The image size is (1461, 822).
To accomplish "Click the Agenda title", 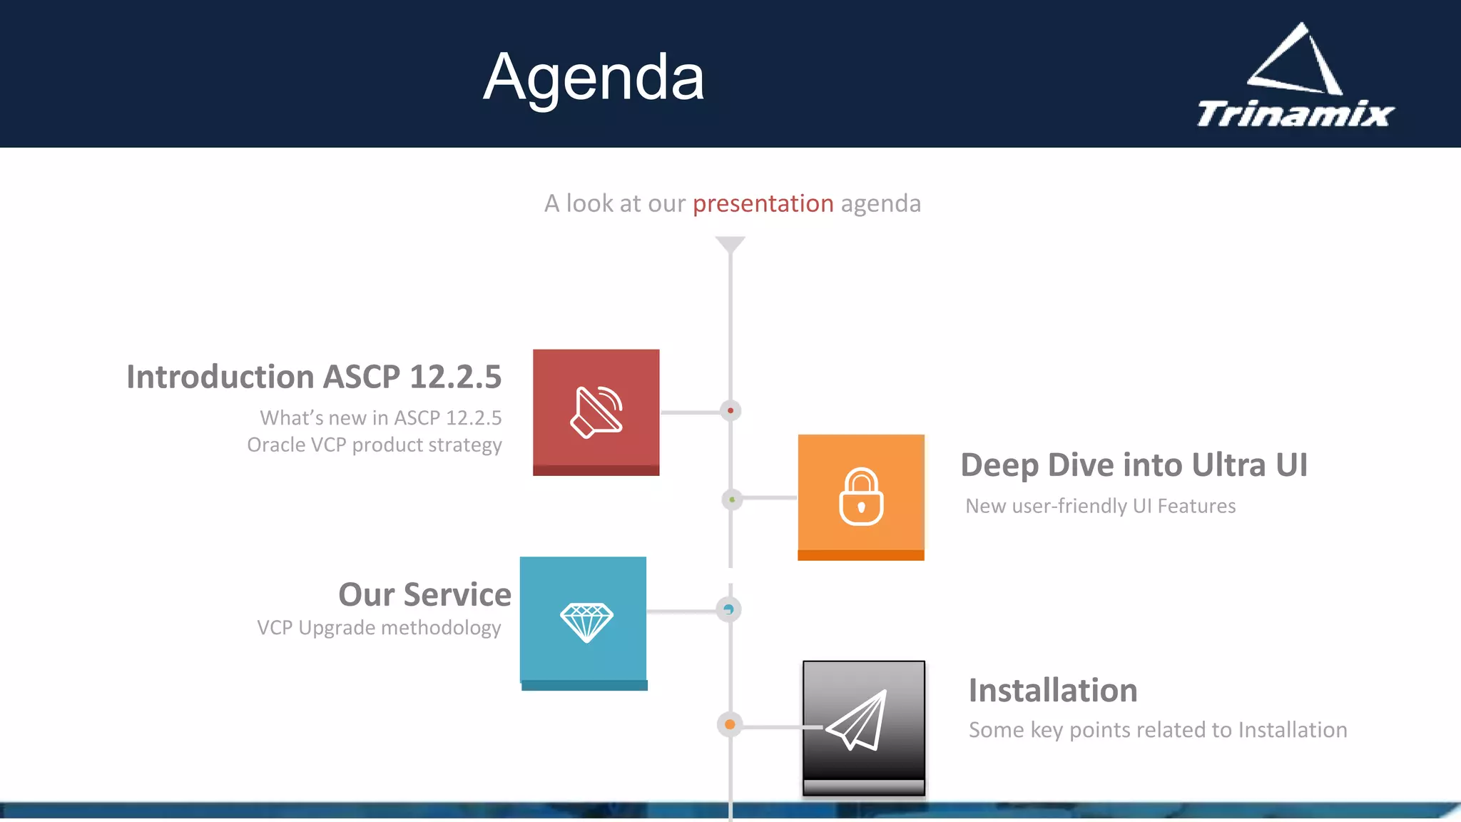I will click(x=594, y=77).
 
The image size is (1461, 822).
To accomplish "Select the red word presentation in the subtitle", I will click(x=763, y=203).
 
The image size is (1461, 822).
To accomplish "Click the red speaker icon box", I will click(x=596, y=412).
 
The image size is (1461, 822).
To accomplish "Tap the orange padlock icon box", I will click(x=861, y=497).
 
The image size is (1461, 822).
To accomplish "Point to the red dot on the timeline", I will click(x=730, y=411).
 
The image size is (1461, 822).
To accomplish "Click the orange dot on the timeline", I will click(x=730, y=725).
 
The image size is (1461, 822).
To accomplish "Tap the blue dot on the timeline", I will click(x=728, y=609).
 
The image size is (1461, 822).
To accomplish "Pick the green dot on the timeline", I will click(x=732, y=499).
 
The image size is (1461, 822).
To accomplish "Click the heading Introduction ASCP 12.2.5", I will click(x=314, y=377).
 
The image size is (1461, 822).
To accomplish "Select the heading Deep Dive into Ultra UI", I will click(x=1134, y=465).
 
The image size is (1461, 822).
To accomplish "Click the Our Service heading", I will click(x=424, y=594).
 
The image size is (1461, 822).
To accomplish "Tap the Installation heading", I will click(x=1052, y=691).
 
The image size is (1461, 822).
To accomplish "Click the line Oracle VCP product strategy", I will click(x=374, y=445).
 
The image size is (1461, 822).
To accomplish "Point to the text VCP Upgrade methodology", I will click(x=378, y=628).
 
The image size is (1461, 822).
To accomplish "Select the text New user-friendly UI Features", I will click(x=1100, y=506).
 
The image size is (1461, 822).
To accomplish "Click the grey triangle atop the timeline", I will click(x=730, y=244).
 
